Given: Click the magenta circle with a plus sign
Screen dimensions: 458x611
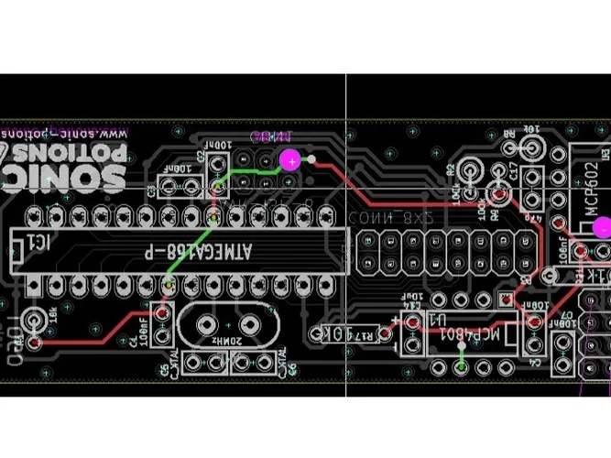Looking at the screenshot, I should tap(290, 161).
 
